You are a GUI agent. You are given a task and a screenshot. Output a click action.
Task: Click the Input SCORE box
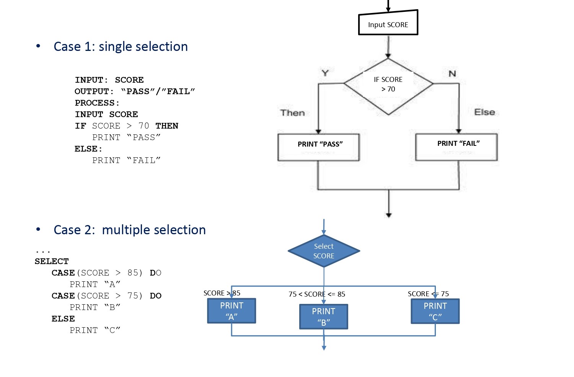(x=388, y=23)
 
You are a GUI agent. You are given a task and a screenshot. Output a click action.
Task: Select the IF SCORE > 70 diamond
(x=388, y=86)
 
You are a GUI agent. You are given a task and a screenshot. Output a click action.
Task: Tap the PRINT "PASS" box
(x=318, y=147)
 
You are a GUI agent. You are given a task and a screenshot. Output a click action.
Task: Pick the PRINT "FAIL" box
(x=457, y=147)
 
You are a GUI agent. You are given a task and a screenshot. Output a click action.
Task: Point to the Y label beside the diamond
(x=325, y=73)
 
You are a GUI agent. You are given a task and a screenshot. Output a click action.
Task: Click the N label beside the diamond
(x=452, y=73)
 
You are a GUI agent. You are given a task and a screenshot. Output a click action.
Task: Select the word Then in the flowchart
(x=292, y=113)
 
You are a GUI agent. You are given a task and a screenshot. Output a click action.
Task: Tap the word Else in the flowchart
(x=484, y=112)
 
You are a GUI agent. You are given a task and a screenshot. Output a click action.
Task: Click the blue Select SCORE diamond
(x=324, y=251)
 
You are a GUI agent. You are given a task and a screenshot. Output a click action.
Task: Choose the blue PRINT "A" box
(x=232, y=311)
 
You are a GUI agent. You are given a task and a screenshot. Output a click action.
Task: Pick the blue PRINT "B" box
(x=324, y=317)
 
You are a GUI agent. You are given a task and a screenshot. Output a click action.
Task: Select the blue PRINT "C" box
(x=435, y=311)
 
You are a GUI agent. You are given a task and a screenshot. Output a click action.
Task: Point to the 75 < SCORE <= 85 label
(x=317, y=294)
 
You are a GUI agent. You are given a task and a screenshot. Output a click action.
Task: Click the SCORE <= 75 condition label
(x=428, y=294)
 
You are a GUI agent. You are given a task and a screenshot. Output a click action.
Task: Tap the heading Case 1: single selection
(x=121, y=47)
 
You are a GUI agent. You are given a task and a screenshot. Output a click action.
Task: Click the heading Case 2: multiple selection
(x=130, y=230)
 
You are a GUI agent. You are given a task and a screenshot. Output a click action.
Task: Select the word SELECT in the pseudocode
(x=52, y=261)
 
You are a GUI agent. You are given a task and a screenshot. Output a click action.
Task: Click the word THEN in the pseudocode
(x=167, y=126)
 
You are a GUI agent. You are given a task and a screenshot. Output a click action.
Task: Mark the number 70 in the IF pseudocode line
(x=144, y=126)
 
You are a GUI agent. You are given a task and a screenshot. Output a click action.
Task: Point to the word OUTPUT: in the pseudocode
(x=94, y=91)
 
